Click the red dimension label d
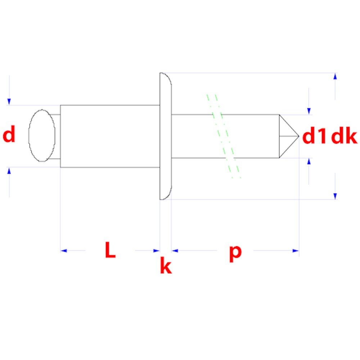tap(9, 134)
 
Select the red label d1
tap(314, 136)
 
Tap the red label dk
tap(344, 136)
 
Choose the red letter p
tap(235, 253)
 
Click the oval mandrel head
tap(42, 135)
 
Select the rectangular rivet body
tap(110, 136)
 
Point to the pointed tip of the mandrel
tap(299, 136)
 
